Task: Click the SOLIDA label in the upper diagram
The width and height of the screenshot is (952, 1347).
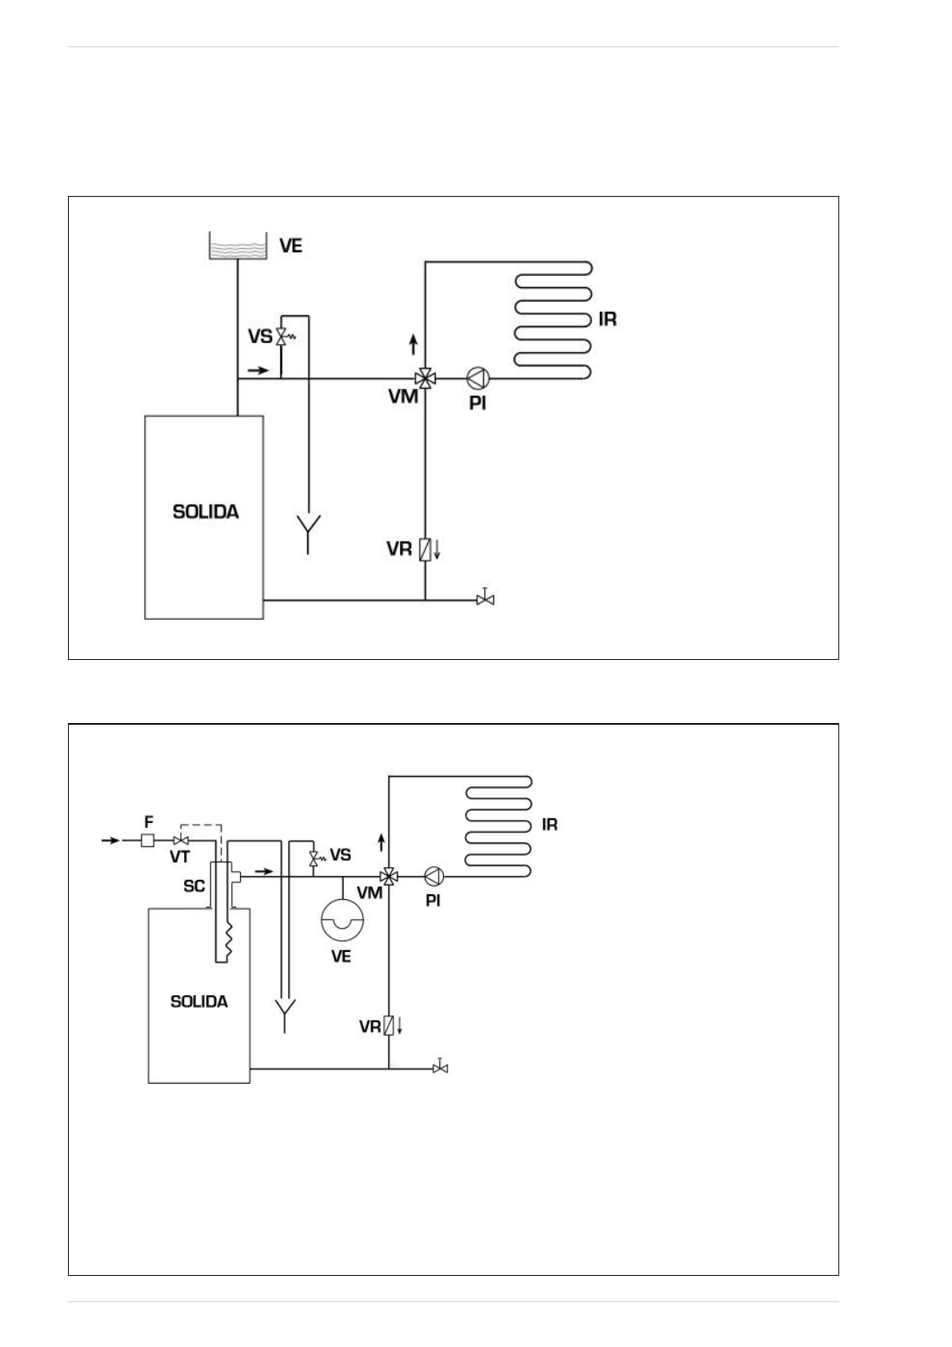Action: [206, 512]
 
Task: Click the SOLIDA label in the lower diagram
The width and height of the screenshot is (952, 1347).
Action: [199, 1001]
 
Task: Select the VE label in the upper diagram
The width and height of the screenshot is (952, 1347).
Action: [290, 246]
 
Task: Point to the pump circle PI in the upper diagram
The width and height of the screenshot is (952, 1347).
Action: [478, 378]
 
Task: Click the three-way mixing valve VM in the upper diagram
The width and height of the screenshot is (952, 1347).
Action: [425, 378]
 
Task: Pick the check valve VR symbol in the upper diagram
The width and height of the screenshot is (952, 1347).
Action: [426, 550]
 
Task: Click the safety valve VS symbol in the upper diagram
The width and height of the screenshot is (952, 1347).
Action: [282, 337]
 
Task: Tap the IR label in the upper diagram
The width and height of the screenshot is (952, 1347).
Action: [608, 320]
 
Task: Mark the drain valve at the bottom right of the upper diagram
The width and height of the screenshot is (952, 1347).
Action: [485, 598]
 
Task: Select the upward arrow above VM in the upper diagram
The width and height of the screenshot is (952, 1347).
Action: [413, 345]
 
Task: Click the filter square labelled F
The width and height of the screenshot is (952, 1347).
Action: [147, 841]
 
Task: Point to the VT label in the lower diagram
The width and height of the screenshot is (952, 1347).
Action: [180, 857]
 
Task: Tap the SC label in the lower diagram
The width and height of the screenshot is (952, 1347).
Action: [194, 886]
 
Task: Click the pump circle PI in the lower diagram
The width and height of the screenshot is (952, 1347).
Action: [433, 877]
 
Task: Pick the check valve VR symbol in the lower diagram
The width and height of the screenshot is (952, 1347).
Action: [389, 1025]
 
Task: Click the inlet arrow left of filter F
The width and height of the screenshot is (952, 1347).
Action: [110, 841]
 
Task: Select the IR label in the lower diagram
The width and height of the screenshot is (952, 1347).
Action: [550, 825]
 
